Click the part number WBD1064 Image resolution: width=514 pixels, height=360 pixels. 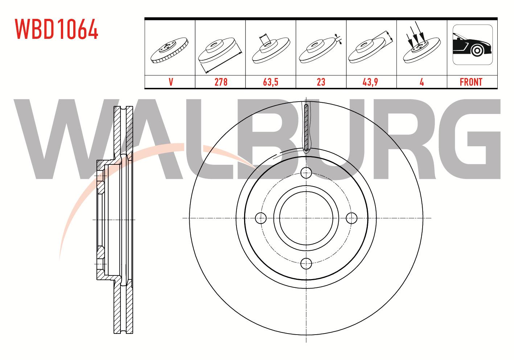pos(57,29)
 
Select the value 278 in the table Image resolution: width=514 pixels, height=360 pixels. pos(221,82)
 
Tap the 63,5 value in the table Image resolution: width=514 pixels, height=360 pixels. pos(271,82)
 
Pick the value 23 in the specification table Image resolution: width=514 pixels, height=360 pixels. pos(321,82)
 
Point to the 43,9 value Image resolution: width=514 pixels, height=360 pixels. pos(370,82)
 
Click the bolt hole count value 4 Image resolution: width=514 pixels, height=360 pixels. pos(422,82)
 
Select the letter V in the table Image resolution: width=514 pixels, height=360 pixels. pos(171,82)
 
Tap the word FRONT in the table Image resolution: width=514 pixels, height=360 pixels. pos(471,82)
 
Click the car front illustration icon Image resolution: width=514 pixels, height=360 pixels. pos(473,45)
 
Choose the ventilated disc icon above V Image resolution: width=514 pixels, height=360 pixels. pos(169,50)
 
